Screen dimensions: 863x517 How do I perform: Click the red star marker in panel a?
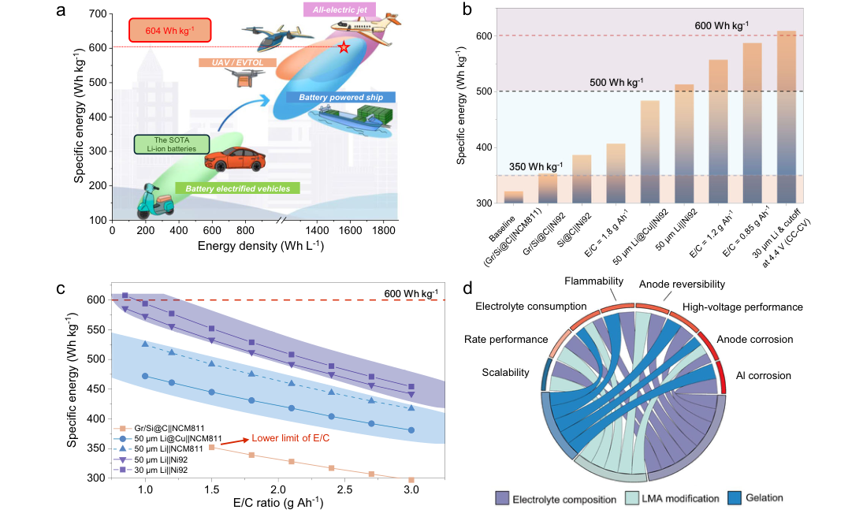pyautogui.click(x=344, y=47)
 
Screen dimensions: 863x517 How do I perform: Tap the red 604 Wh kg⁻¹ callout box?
pyautogui.click(x=169, y=30)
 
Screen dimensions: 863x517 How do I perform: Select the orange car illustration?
pyautogui.click(x=235, y=159)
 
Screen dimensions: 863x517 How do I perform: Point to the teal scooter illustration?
pyautogui.click(x=155, y=202)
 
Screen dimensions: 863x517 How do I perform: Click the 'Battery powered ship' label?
pyautogui.click(x=340, y=98)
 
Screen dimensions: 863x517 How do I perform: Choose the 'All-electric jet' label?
pyautogui.click(x=340, y=10)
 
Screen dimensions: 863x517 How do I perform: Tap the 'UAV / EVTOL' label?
pyautogui.click(x=237, y=63)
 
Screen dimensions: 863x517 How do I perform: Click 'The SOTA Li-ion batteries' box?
pyautogui.click(x=172, y=144)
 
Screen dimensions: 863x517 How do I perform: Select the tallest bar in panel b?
pyautogui.click(x=787, y=117)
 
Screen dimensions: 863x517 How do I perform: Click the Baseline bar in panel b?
pyautogui.click(x=514, y=197)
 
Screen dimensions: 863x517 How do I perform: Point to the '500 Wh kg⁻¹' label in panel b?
pyautogui.click(x=616, y=83)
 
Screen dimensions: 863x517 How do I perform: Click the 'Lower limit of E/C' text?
pyautogui.click(x=291, y=438)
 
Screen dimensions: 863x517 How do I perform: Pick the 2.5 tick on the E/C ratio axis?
pyautogui.click(x=344, y=489)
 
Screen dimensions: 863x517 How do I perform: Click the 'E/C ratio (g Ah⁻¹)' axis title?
pyautogui.click(x=278, y=504)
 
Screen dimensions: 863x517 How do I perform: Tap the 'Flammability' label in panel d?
pyautogui.click(x=594, y=281)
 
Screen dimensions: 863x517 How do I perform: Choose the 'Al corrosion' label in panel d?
pyautogui.click(x=764, y=375)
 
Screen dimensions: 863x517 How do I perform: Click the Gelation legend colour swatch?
pyautogui.click(x=735, y=498)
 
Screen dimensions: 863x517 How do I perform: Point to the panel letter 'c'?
pyautogui.click(x=61, y=288)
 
